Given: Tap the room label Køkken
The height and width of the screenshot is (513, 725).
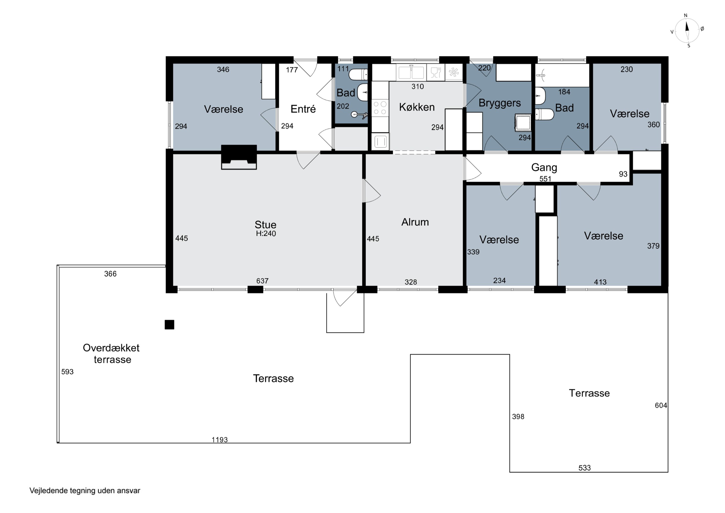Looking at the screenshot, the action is (417, 107).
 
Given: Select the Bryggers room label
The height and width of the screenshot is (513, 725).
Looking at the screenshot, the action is (500, 103).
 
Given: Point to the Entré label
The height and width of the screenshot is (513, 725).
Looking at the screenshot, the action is (303, 109).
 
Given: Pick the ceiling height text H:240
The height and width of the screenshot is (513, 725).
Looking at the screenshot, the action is (266, 234).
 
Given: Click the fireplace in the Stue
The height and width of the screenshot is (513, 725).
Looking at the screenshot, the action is (239, 157).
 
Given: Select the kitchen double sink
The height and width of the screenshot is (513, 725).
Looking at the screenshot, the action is (411, 72).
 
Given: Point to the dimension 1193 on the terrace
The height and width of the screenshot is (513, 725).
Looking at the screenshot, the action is (219, 440).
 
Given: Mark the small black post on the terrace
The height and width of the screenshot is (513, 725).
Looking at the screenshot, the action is (170, 325).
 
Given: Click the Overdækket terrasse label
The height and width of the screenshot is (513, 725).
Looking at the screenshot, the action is (111, 353).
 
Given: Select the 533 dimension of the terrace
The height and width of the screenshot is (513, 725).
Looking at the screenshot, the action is (585, 468).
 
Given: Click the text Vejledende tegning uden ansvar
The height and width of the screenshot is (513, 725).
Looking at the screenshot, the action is (85, 491).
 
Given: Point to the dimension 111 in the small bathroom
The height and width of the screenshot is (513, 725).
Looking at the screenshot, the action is (343, 69).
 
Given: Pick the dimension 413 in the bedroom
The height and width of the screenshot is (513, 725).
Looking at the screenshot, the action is (600, 282).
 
